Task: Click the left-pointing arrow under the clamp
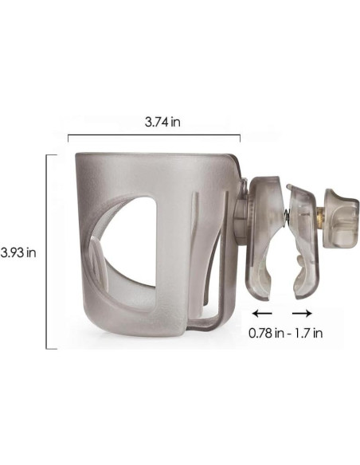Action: point(261,314)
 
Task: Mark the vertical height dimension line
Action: point(48,251)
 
